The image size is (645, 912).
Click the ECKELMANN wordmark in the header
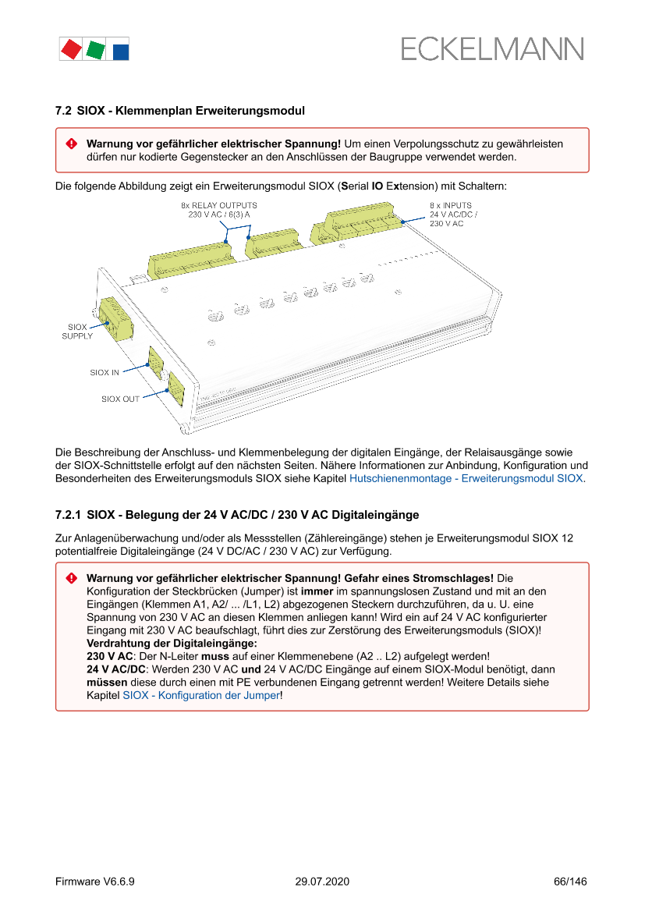coord(492,48)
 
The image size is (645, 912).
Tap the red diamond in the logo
coord(71,49)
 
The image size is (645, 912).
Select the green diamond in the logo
coord(96,50)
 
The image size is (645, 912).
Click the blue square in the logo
coord(121,52)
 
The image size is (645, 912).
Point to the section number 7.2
coord(63,111)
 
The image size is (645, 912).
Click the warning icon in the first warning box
coord(71,144)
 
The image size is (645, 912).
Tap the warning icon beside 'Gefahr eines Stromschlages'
coord(71,578)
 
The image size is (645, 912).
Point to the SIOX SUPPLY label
coord(77,332)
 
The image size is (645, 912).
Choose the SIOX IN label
coord(105,373)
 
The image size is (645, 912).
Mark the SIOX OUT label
coord(120,399)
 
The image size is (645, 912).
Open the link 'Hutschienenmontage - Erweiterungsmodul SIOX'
coord(466,478)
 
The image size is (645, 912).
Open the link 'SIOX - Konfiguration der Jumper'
coord(200,695)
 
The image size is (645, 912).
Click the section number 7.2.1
coord(68,515)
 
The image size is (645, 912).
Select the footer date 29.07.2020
coord(322,882)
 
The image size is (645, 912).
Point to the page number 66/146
coord(569,882)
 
